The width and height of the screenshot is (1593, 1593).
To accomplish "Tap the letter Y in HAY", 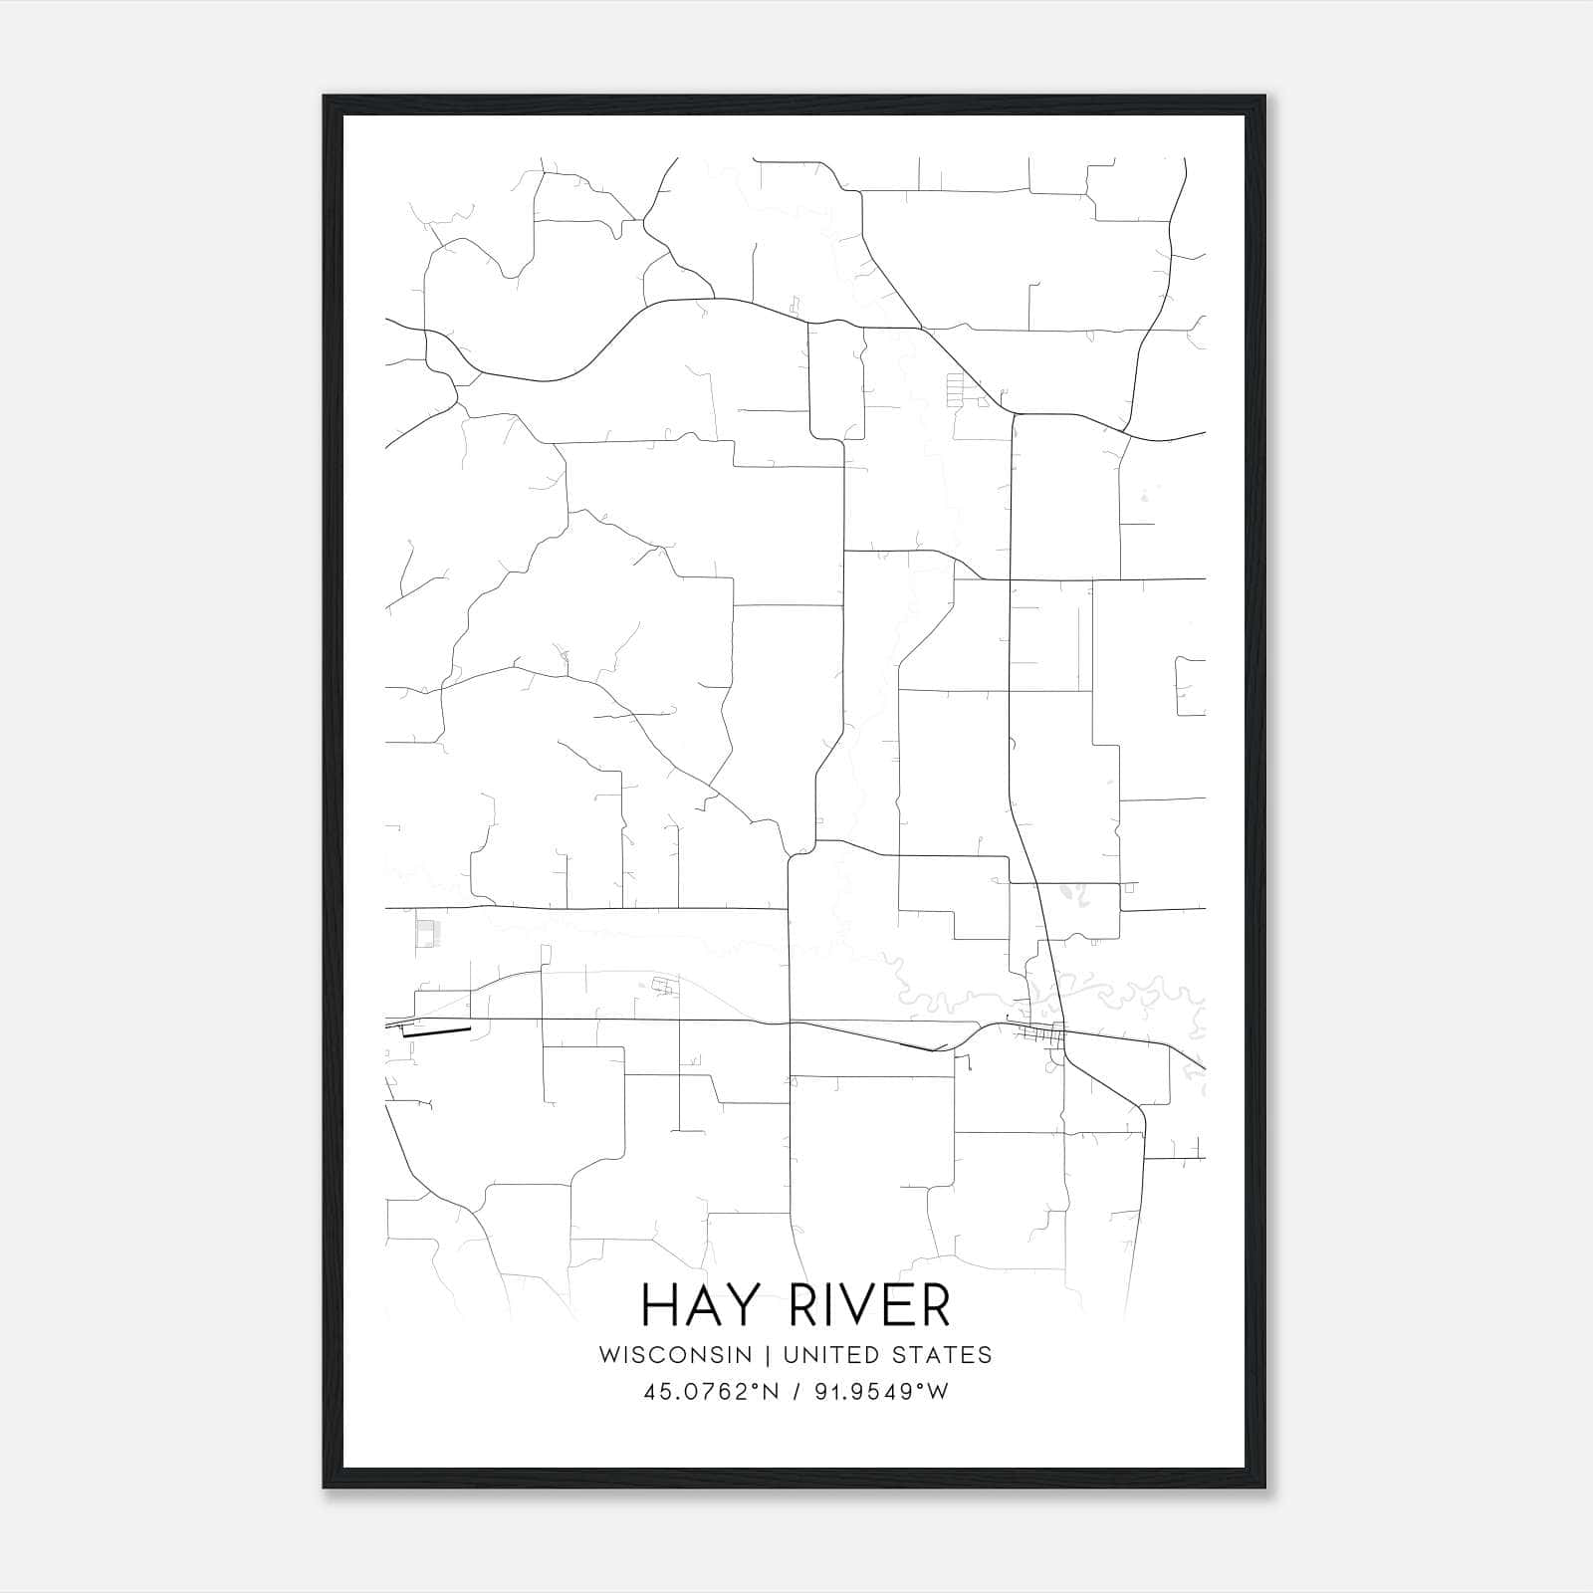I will pyautogui.click(x=735, y=1304).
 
